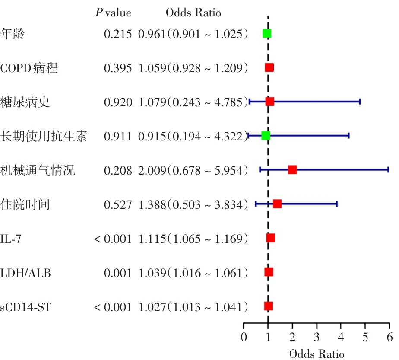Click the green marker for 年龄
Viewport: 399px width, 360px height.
click(267, 34)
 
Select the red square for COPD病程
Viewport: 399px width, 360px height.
click(269, 67)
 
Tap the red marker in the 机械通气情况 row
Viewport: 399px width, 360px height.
click(292, 170)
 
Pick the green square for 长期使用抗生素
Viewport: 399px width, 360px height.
click(266, 136)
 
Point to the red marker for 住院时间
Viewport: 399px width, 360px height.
click(277, 204)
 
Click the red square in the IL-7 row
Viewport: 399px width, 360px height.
click(271, 238)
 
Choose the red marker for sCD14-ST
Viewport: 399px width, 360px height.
click(269, 306)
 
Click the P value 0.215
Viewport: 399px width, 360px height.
click(117, 34)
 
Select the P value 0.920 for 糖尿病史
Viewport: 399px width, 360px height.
click(117, 102)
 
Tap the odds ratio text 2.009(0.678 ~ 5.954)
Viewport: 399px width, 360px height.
click(193, 170)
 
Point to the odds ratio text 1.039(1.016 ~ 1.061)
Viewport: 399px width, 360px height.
click(193, 272)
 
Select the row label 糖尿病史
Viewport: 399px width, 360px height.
click(25, 102)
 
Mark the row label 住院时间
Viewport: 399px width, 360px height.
click(25, 204)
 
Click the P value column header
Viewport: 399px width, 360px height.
click(113, 13)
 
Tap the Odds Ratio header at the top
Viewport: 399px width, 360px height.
click(193, 13)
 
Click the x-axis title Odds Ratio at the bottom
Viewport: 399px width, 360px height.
click(317, 354)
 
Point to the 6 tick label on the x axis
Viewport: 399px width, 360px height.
click(389, 337)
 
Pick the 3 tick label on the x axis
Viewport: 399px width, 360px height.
click(317, 337)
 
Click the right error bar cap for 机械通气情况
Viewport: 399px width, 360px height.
click(388, 170)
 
